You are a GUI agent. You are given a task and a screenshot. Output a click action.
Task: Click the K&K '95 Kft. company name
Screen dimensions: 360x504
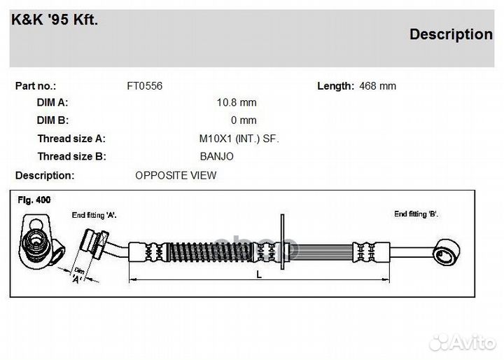point(55,20)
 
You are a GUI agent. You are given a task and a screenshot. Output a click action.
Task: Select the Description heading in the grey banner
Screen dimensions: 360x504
point(450,34)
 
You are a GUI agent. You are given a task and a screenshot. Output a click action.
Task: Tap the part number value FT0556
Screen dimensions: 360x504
point(144,86)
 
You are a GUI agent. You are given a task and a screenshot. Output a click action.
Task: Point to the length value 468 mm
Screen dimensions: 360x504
point(377,86)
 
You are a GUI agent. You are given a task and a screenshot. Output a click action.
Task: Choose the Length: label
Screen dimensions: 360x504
point(335,86)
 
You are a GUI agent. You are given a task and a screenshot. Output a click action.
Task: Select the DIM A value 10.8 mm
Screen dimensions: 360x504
point(237,103)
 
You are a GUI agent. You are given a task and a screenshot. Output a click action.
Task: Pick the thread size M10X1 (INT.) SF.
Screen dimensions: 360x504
point(238,139)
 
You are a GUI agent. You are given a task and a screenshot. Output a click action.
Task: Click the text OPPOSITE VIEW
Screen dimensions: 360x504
point(176,175)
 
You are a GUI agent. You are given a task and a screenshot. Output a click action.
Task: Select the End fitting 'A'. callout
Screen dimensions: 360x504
point(94,215)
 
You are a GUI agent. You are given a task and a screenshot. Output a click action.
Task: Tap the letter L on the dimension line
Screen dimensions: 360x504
point(259,275)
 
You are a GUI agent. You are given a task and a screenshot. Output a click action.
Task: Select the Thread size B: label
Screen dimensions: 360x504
point(71,156)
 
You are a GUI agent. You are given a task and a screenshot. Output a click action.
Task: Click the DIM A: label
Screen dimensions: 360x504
point(52,103)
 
